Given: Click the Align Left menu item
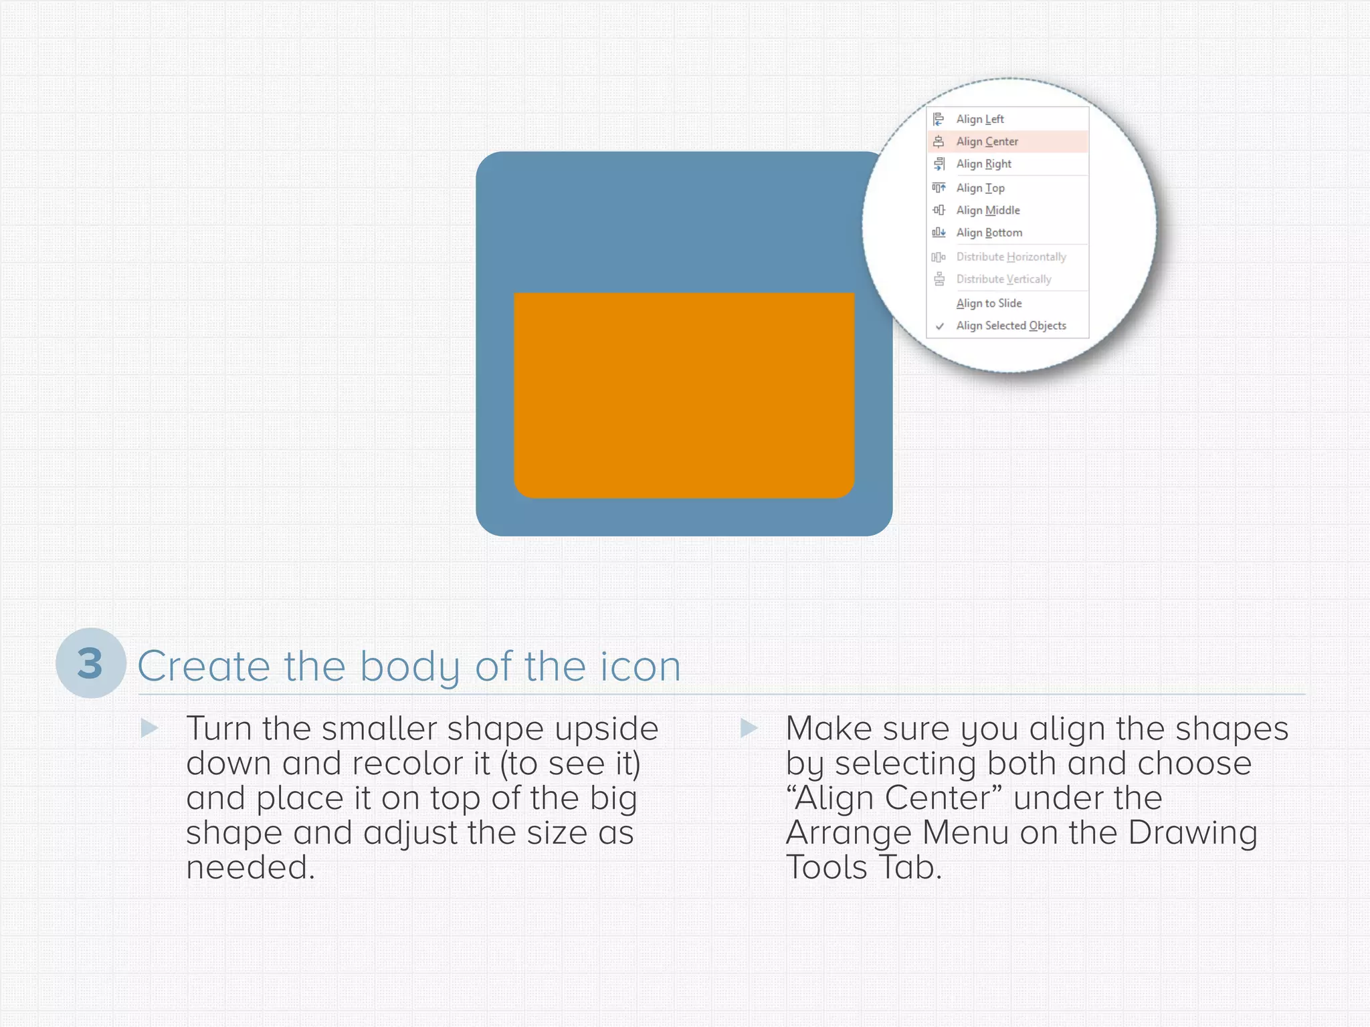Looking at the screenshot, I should (x=979, y=119).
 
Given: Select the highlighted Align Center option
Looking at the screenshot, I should (x=987, y=142).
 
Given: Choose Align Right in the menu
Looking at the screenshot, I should (x=983, y=164).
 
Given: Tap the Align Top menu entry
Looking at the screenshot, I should (x=980, y=188).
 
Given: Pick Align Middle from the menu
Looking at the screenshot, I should (x=987, y=210).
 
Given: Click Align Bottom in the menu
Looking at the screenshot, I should (x=989, y=233).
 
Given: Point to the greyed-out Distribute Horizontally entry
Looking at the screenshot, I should (x=1011, y=257).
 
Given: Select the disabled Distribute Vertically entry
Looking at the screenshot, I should (x=1003, y=279).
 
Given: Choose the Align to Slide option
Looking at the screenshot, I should (x=989, y=303).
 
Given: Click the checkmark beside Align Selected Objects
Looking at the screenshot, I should (x=940, y=326).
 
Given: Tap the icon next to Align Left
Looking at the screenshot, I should (x=939, y=119).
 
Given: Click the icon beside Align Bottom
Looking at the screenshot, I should (x=939, y=233).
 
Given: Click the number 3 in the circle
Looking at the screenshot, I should (x=90, y=663).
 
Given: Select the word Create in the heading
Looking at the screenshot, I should (x=203, y=667).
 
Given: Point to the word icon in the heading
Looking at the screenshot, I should (x=640, y=667).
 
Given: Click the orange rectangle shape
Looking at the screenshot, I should (x=684, y=394).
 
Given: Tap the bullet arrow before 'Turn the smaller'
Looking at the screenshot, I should (x=149, y=728).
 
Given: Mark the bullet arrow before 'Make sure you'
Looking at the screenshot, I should (x=749, y=728).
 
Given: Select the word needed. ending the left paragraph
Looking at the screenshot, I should (x=250, y=867).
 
